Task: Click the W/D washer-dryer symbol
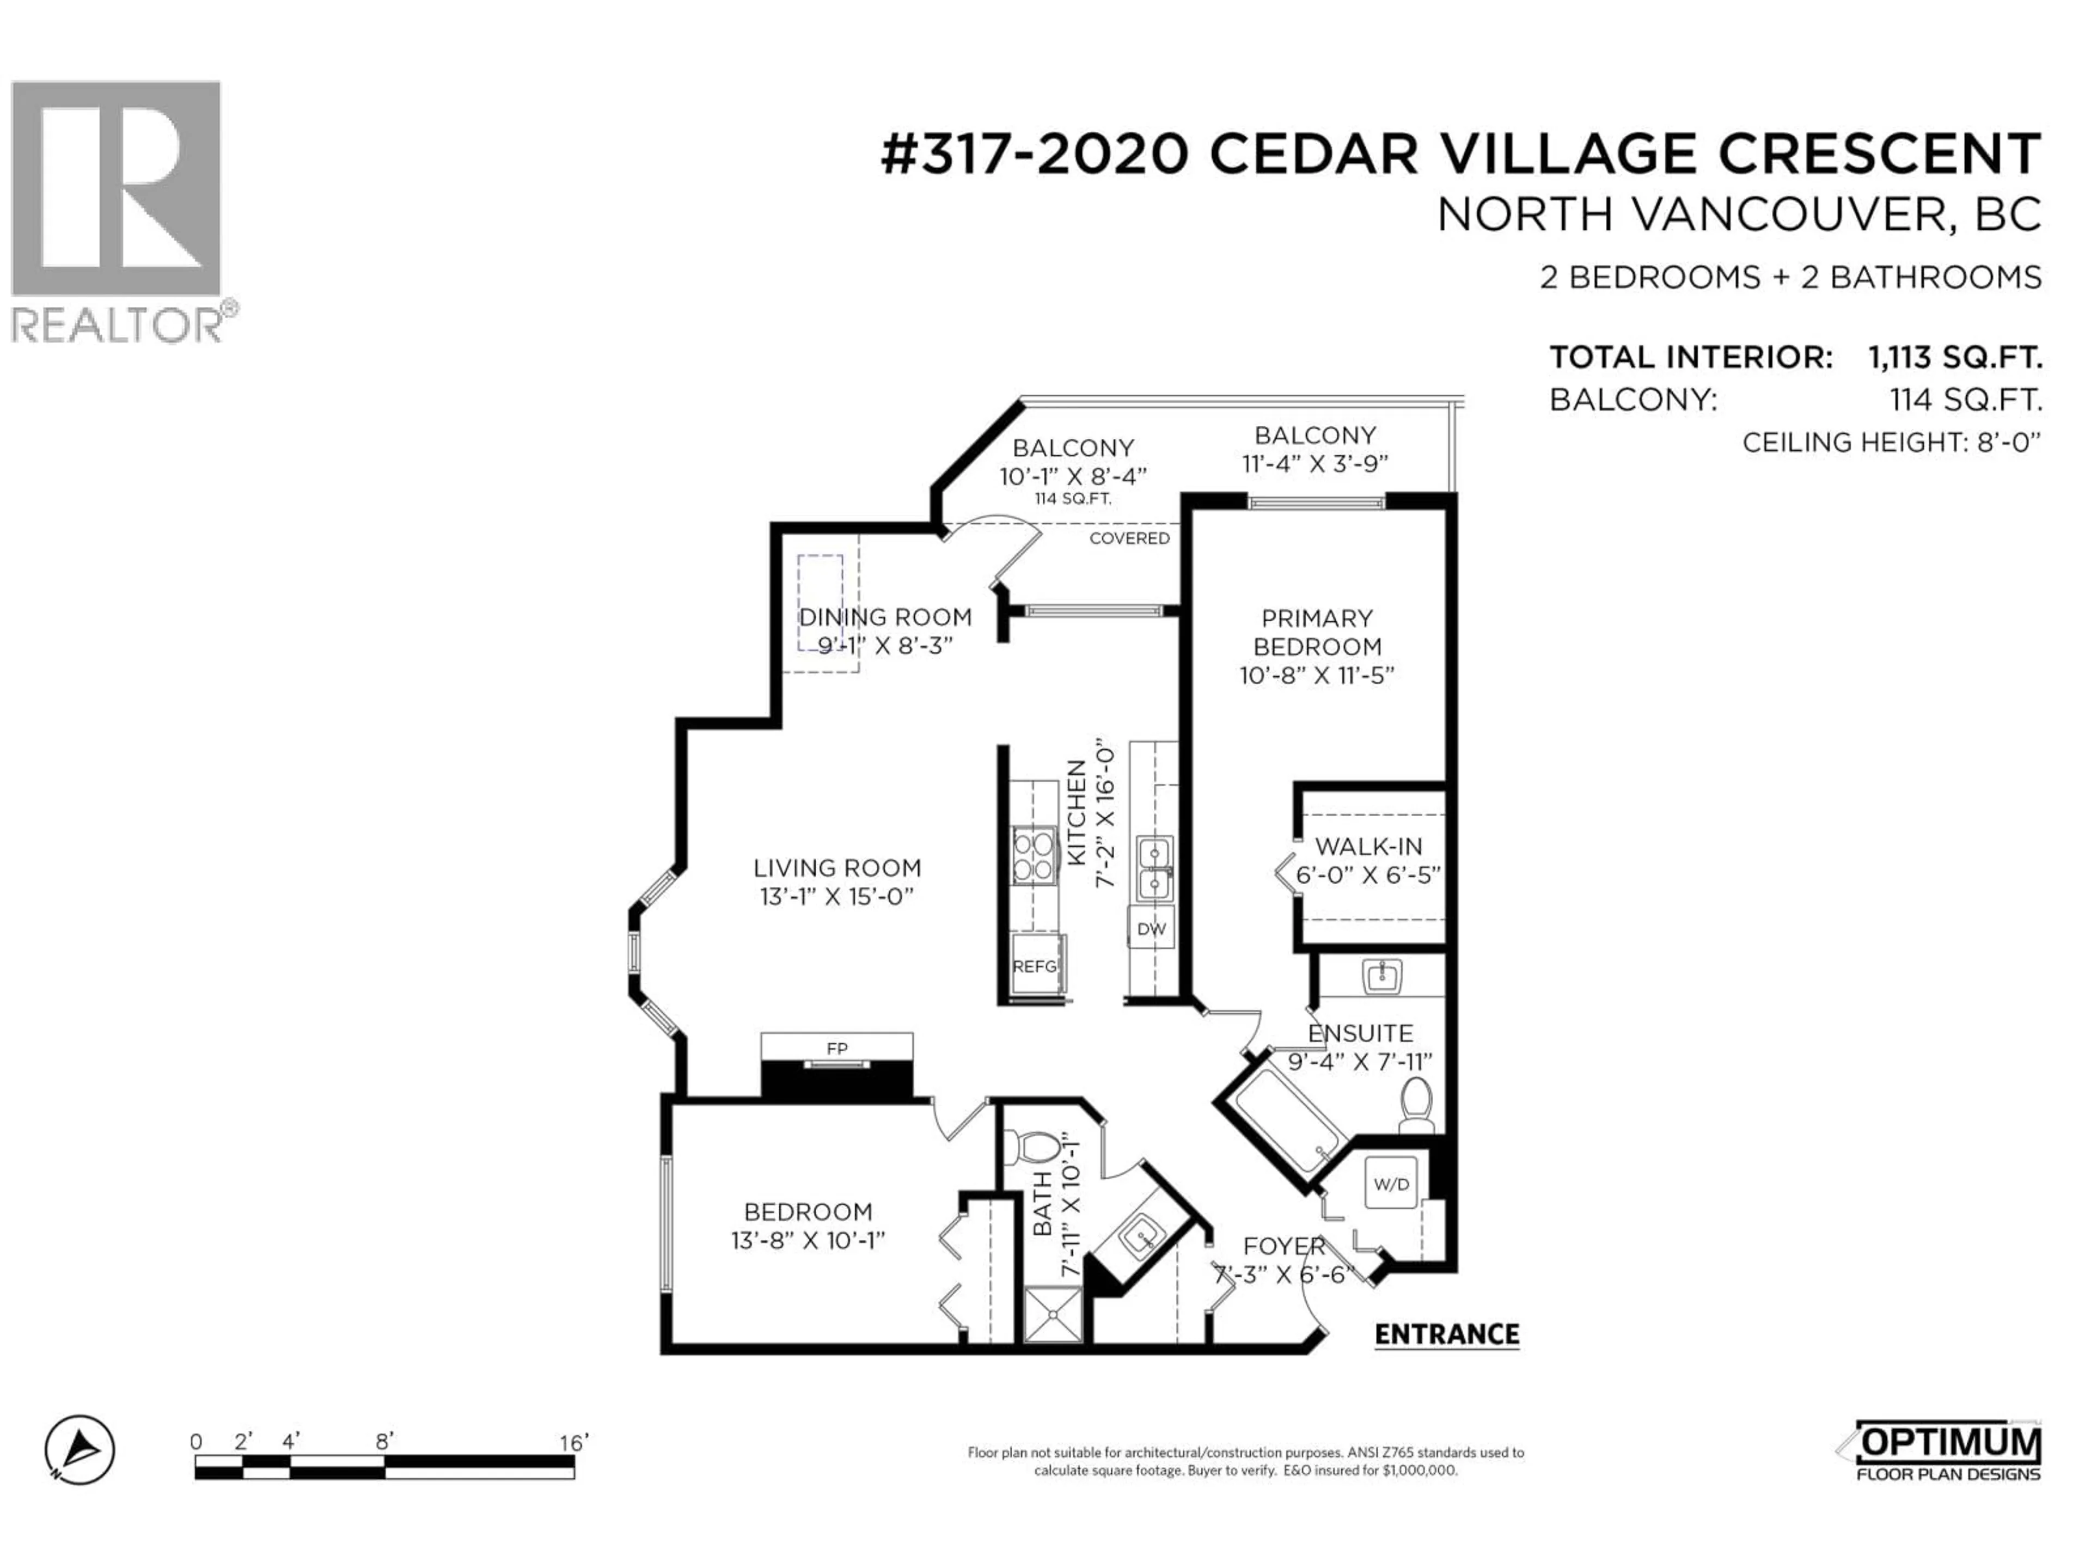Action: coord(1391,1183)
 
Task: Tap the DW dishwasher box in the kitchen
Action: coord(1151,929)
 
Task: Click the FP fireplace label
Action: coord(836,1048)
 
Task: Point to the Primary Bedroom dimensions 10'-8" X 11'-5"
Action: coord(1317,676)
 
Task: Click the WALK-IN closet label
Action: coord(1368,846)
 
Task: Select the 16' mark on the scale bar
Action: coord(573,1442)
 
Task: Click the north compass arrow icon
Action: coord(81,1450)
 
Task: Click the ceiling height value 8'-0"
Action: coord(2009,442)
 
